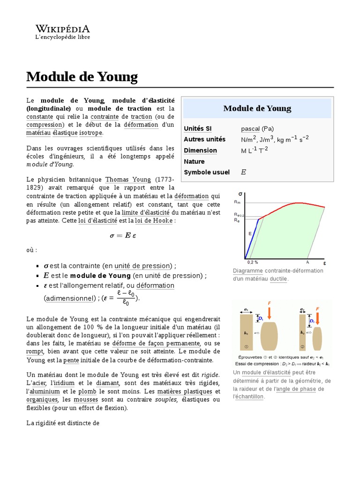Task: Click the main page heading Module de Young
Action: (82, 76)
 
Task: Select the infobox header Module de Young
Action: (257, 108)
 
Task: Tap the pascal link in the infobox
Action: (250, 128)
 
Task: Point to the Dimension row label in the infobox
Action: (200, 150)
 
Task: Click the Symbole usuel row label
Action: (207, 172)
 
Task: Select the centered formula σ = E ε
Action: (123, 235)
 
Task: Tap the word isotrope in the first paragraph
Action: (91, 133)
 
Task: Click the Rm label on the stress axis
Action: (237, 202)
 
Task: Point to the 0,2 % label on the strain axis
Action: (252, 262)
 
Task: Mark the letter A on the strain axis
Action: (307, 262)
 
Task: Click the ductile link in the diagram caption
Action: (278, 279)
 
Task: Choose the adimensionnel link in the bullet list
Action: (68, 298)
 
